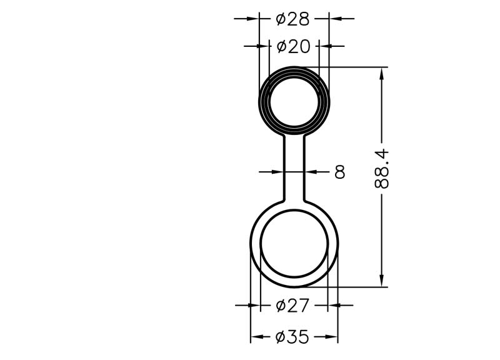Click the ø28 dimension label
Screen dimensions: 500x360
[x=292, y=19]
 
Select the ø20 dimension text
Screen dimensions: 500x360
[x=293, y=46]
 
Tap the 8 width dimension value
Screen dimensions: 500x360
[x=340, y=172]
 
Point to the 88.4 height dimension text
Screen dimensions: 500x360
[x=382, y=169]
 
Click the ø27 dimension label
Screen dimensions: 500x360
[x=292, y=306]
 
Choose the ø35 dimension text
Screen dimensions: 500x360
[x=292, y=337]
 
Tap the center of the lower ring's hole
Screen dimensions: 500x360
[x=294, y=244]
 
